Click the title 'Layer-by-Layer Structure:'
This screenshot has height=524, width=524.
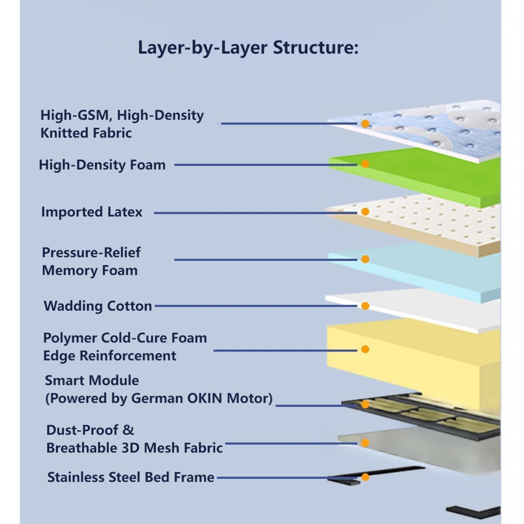click(x=248, y=48)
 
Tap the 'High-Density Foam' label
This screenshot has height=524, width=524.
click(x=102, y=165)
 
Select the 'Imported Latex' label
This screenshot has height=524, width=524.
click(x=92, y=212)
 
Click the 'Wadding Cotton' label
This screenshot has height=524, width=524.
click(x=98, y=306)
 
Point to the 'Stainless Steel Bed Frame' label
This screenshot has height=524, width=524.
click(x=131, y=477)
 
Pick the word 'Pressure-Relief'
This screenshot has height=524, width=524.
click(x=91, y=252)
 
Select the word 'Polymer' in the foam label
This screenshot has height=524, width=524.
click(x=70, y=338)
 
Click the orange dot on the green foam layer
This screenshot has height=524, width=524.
click(x=365, y=164)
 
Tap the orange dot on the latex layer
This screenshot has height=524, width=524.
click(x=365, y=212)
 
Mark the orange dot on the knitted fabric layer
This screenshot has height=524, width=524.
click(x=365, y=124)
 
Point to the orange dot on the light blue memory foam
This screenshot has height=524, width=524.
click(x=365, y=259)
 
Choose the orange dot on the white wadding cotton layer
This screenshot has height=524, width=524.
click(x=365, y=306)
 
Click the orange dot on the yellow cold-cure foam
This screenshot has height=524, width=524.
click(x=365, y=349)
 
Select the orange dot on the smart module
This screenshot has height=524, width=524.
click(x=365, y=404)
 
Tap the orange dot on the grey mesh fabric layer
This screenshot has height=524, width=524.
click(x=365, y=443)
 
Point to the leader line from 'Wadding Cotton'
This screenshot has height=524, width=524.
click(x=255, y=306)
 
